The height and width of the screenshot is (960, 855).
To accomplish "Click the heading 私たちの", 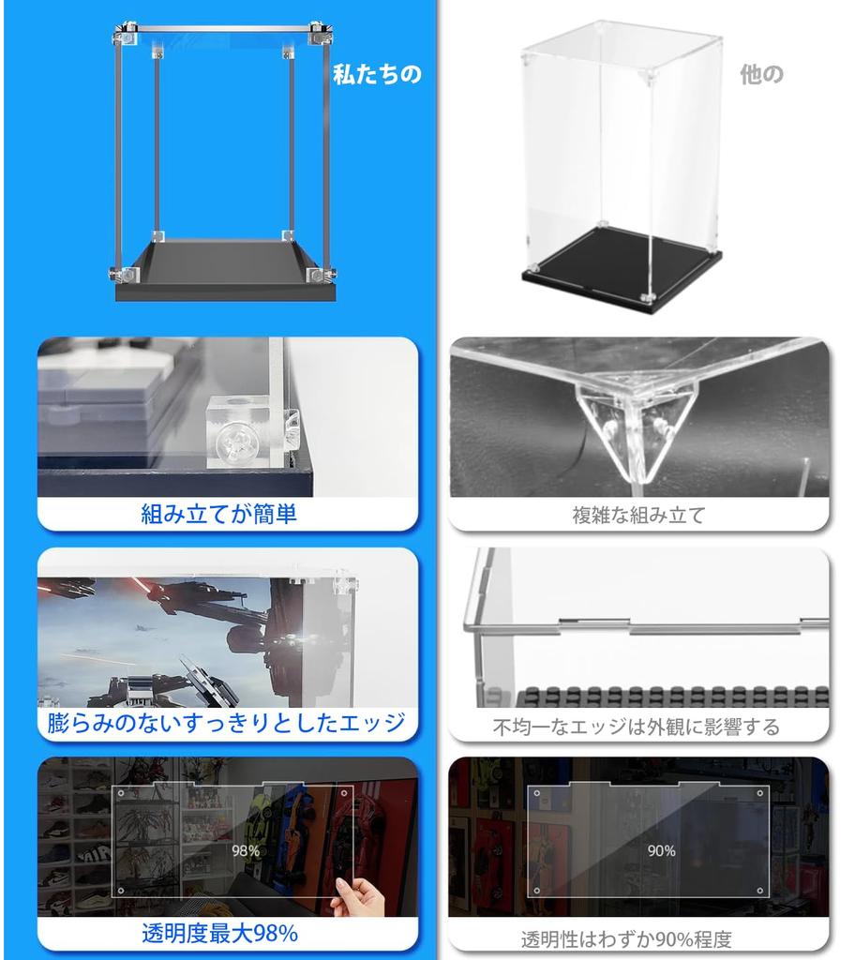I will click(377, 75).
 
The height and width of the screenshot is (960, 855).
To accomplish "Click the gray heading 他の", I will click(760, 75).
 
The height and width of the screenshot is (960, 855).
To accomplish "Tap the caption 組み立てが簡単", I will click(218, 514).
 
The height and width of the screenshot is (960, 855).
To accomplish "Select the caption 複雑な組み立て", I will click(638, 515).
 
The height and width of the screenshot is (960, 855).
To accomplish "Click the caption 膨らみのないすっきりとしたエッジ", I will click(226, 723).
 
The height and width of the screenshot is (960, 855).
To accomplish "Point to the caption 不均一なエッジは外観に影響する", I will click(637, 727).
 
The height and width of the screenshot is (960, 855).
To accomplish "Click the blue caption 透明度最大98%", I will click(219, 934).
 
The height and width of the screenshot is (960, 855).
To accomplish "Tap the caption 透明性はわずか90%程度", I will click(626, 938).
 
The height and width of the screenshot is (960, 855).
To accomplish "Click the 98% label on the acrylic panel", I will click(246, 851).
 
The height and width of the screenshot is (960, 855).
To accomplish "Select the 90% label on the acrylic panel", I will click(661, 851).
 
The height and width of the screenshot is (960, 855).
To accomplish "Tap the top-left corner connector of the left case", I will click(124, 37).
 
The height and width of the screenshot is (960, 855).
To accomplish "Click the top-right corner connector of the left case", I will click(322, 35).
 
